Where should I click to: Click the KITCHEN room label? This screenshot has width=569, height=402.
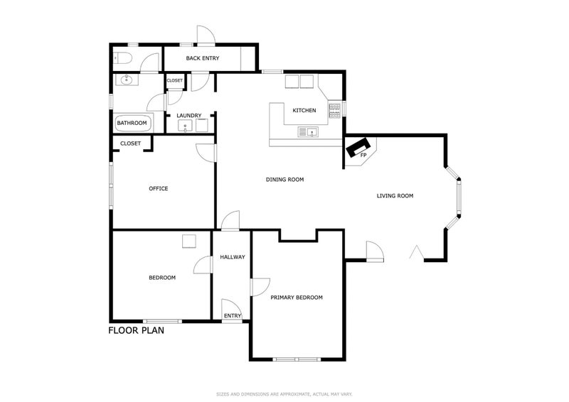(x=304, y=110)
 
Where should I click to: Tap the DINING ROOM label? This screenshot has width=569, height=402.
(x=285, y=180)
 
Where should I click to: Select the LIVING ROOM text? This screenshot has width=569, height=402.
(x=395, y=196)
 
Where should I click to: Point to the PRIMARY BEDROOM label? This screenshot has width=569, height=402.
(x=297, y=298)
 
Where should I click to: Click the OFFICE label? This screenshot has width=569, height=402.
(x=159, y=188)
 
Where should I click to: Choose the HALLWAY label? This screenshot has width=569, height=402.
(x=233, y=257)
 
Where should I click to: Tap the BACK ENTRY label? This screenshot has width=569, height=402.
(x=203, y=58)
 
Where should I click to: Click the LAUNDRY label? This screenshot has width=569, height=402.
(x=189, y=116)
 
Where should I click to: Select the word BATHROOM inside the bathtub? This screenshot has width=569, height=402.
(x=132, y=123)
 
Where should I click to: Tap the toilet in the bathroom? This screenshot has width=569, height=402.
(x=120, y=58)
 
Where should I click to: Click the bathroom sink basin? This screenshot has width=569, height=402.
(x=127, y=80)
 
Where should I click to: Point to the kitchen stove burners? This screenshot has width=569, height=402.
(x=334, y=111)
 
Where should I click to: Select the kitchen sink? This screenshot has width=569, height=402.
(x=308, y=132)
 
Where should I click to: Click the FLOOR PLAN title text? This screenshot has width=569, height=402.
(x=136, y=330)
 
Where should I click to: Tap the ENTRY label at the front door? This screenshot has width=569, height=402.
(x=233, y=316)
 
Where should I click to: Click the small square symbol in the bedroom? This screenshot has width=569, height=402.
(x=188, y=241)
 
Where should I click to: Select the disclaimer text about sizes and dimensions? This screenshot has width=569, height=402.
(x=284, y=394)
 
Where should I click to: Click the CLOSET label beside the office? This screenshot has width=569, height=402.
(x=130, y=143)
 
